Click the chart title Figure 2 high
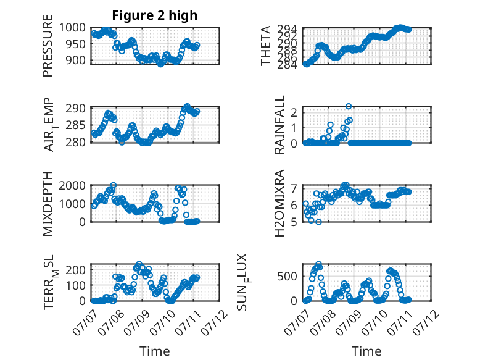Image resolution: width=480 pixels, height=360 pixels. [155, 15]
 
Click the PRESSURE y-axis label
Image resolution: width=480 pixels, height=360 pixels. [48, 46]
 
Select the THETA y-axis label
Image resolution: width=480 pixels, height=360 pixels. [266, 46]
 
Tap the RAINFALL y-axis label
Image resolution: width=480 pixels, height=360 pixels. [279, 125]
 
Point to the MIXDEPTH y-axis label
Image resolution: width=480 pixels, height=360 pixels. [48, 204]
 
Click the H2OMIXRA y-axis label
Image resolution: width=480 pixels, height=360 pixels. [279, 203]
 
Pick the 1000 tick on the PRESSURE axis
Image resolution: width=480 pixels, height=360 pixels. [72, 28]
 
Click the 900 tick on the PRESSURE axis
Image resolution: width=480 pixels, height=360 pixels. [76, 61]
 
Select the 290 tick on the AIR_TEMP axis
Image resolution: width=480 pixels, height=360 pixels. [76, 108]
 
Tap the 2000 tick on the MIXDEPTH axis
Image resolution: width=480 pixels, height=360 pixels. [72, 185]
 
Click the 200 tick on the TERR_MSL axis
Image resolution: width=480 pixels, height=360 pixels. [76, 270]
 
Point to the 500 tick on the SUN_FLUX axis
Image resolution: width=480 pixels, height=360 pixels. [287, 277]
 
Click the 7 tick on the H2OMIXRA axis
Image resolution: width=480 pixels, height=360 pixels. [294, 188]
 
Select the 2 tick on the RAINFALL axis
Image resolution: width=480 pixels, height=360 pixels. [294, 112]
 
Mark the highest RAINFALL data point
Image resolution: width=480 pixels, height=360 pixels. [349, 106]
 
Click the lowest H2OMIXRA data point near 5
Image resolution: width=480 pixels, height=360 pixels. [319, 222]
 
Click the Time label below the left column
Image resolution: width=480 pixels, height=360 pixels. [155, 351]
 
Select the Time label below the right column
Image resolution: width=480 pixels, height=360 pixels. [366, 351]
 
